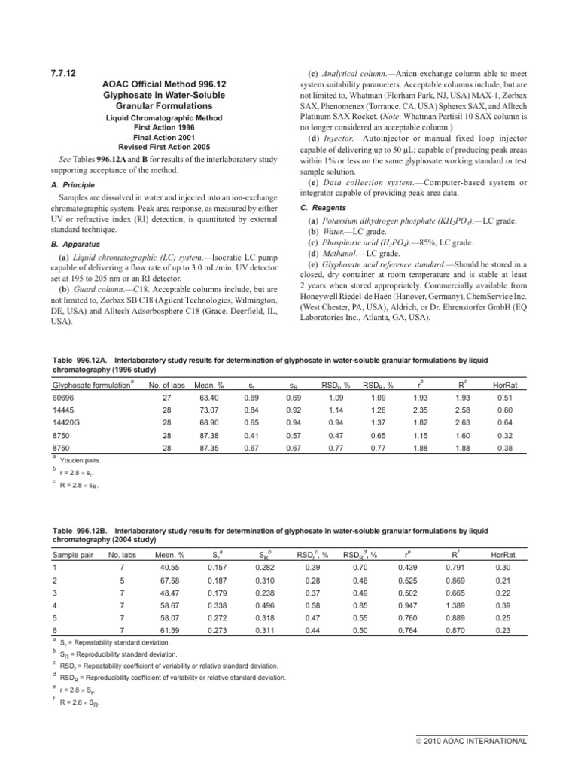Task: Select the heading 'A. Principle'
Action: pos(71,190)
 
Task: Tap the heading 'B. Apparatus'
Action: pos(73,244)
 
